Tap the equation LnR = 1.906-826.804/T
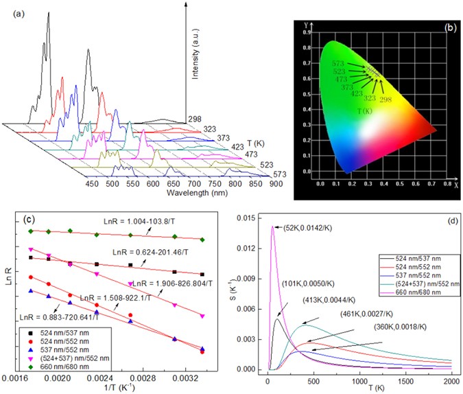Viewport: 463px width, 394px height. (x=167, y=283)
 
